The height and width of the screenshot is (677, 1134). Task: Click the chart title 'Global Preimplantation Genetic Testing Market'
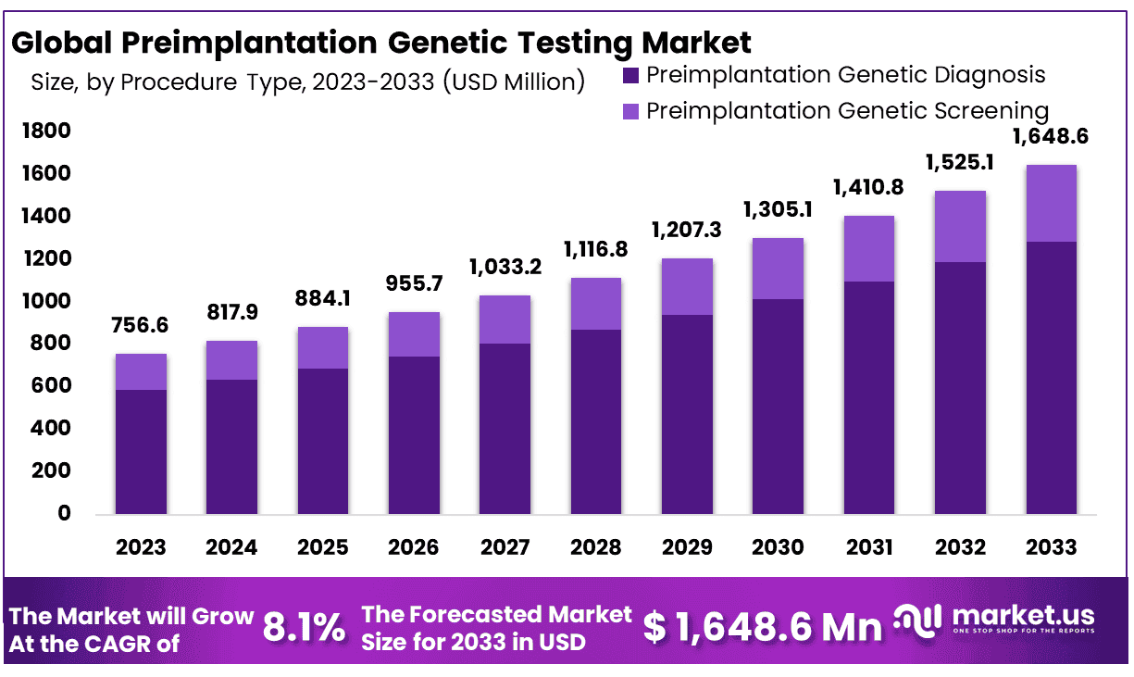(x=381, y=43)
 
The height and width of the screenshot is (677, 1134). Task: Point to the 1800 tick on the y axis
(x=45, y=132)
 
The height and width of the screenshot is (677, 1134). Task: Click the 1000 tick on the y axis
(x=45, y=301)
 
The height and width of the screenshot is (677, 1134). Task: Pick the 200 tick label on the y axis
(x=51, y=470)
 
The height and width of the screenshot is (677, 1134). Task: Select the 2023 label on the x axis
(x=141, y=547)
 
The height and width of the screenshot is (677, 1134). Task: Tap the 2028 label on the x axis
(x=595, y=547)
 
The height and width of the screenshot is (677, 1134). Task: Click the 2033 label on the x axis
(x=1051, y=547)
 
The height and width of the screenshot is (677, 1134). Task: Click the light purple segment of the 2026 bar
(x=414, y=334)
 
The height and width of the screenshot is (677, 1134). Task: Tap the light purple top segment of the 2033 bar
(x=1051, y=203)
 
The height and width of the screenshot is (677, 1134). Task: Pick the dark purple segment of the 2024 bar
(x=231, y=446)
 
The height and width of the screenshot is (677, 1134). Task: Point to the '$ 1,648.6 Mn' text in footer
(x=763, y=628)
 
